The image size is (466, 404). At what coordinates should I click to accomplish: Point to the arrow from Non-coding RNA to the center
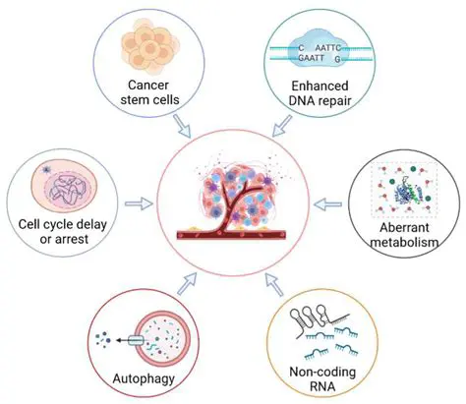pyautogui.click(x=275, y=285)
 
